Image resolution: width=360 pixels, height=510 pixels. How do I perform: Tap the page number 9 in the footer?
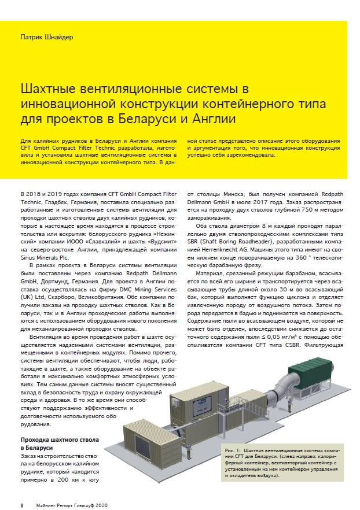(x=22, y=504)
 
